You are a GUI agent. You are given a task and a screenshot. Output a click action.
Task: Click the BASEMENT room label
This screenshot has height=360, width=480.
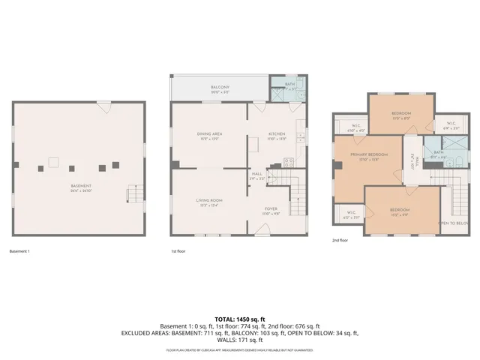coord(81,186)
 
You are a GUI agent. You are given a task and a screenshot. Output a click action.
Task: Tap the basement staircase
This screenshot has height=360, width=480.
coord(133,194)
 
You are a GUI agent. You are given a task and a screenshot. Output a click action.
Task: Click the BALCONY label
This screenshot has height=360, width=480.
coord(219,87)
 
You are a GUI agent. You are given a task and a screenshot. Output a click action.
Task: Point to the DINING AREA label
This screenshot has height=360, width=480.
coord(208,134)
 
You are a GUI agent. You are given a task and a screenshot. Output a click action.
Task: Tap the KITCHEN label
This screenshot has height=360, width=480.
coord(277,134)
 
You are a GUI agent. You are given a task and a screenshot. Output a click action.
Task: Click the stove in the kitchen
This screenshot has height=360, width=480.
coord(289,163)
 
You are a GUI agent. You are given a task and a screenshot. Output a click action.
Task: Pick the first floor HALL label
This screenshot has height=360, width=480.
coord(256,174)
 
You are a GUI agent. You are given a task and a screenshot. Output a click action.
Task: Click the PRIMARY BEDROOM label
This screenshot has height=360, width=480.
coord(367,156)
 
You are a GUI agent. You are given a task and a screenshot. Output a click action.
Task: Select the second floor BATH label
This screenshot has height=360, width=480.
coord(438,152)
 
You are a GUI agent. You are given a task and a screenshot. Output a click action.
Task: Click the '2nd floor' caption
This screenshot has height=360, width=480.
coord(340,241)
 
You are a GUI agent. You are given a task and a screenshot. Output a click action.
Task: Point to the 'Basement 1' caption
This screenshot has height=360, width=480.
coord(19,250)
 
